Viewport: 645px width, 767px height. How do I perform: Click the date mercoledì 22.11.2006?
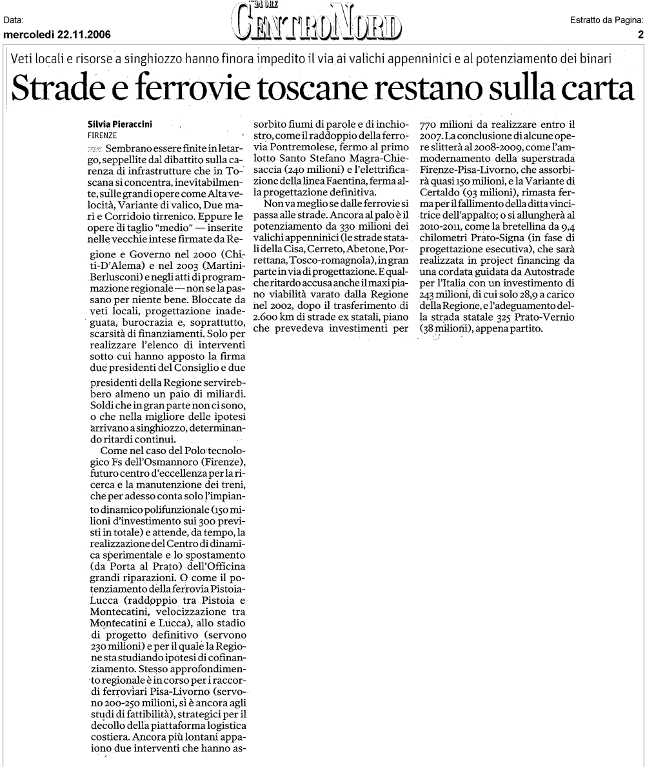tap(57, 35)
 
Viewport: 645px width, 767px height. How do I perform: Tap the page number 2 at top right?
tap(640, 35)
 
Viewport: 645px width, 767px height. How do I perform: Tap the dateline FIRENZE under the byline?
tap(101, 136)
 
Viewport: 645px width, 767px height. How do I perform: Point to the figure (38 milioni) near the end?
tap(446, 328)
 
